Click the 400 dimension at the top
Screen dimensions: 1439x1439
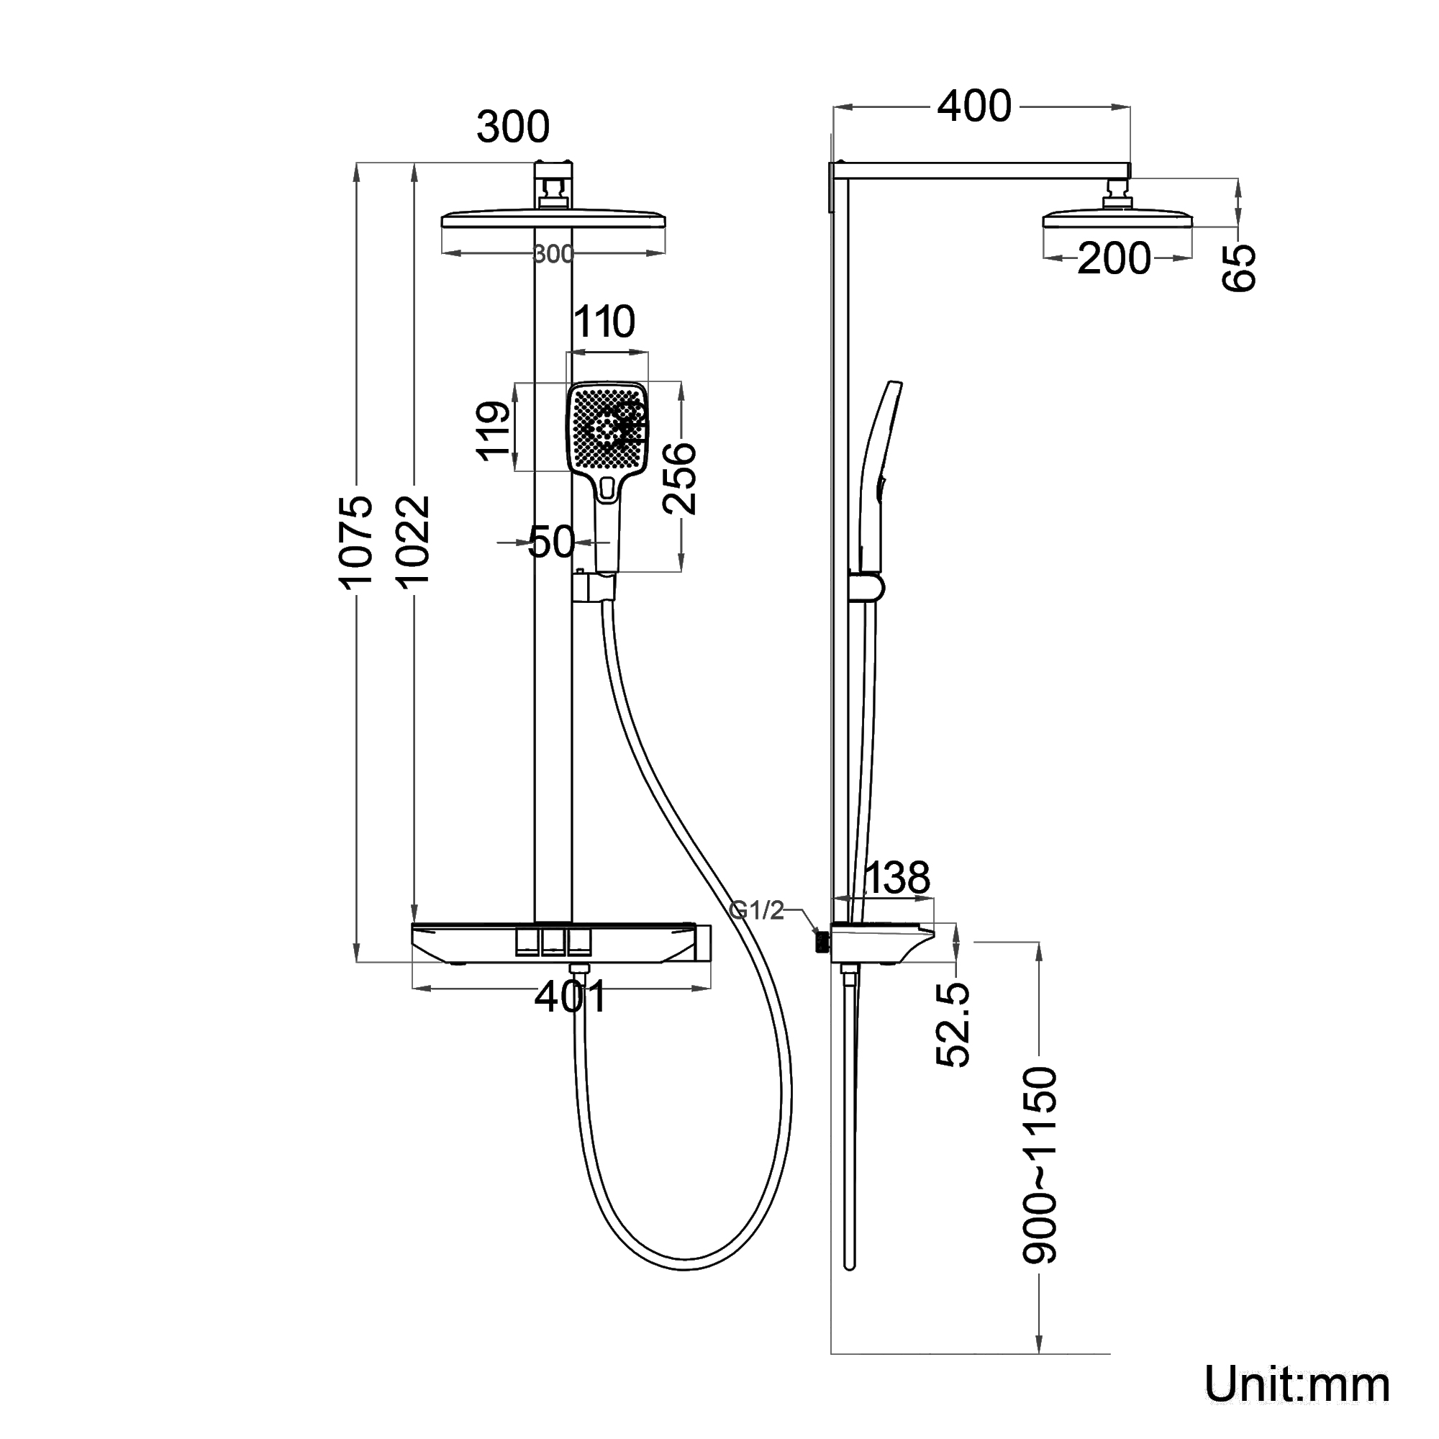[x=973, y=106]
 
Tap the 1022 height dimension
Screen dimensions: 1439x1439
[x=414, y=542]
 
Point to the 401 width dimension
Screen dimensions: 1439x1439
[x=571, y=997]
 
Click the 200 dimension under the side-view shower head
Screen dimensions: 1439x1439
[x=1114, y=259]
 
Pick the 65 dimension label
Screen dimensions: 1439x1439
[x=1239, y=268]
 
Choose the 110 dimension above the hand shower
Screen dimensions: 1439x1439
[x=604, y=322]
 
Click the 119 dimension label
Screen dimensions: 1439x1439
[x=493, y=430]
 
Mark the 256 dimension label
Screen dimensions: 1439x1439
[x=679, y=478]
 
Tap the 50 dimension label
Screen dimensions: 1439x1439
[x=551, y=542]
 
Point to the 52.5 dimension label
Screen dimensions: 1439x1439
[x=953, y=1024]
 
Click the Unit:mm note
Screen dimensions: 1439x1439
[x=1297, y=1384]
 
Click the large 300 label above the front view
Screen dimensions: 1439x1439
[x=513, y=127]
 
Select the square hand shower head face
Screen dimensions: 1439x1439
[x=607, y=427]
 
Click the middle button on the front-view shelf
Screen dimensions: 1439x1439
[x=553, y=943]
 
